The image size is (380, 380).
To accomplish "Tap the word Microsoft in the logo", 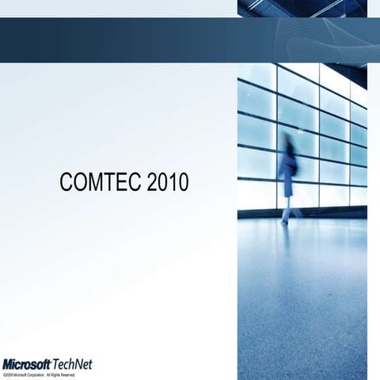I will (27, 364).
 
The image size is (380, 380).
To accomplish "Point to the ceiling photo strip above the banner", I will (309, 8).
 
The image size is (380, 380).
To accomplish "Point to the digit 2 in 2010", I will (146, 183).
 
